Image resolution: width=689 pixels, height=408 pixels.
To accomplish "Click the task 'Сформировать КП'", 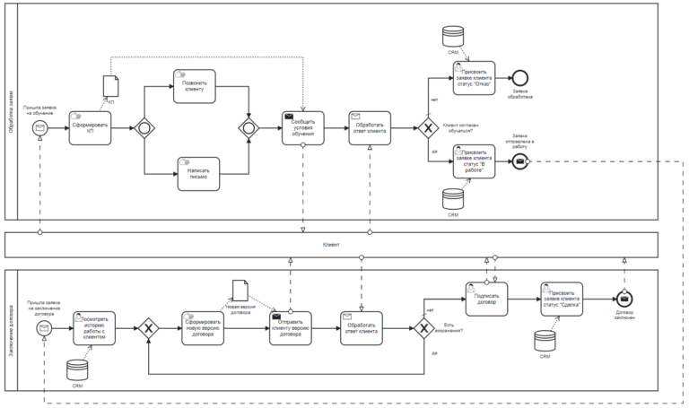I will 90,128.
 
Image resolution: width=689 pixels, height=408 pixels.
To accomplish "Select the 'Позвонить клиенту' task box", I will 195,86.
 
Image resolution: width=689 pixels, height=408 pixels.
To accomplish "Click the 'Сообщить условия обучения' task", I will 302,128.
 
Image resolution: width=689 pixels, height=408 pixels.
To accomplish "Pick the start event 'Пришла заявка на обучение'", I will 39,128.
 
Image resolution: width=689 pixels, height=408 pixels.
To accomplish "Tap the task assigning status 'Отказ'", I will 474,78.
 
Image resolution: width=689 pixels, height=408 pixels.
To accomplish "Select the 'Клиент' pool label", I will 332,244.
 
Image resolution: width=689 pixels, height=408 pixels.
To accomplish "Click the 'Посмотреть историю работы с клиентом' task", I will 94,329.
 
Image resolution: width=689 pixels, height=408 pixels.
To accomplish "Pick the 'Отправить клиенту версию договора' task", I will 291,329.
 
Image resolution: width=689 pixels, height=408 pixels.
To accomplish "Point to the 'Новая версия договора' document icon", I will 240,290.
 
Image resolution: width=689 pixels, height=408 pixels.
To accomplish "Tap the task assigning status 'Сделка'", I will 562,299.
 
